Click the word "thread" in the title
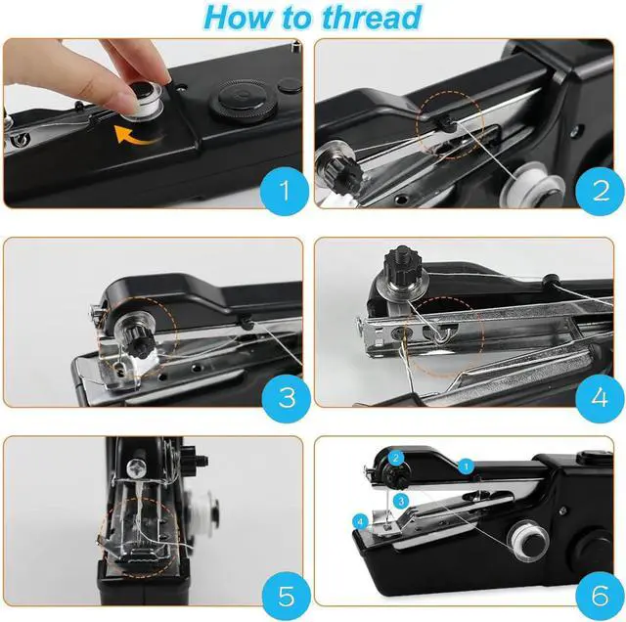pos(372,17)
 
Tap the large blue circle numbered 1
pos(285,191)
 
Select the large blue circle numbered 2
pos(601,191)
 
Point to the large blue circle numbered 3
pos(287,398)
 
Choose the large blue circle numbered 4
pos(601,398)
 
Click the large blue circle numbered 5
pos(287,596)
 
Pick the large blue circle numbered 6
pos(601,596)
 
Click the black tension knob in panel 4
pos(403,266)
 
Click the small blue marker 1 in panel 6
pos(466,466)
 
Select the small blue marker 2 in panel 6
pos(395,458)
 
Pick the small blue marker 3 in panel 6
pos(401,502)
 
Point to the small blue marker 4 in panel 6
pos(361,521)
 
